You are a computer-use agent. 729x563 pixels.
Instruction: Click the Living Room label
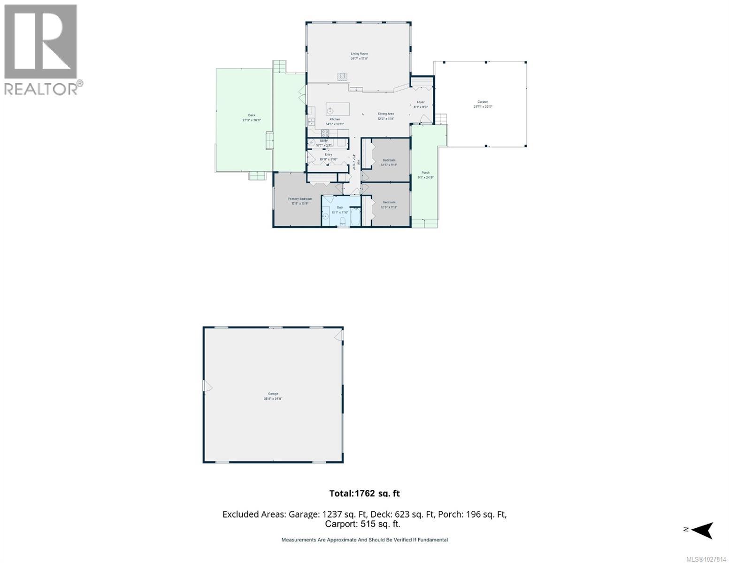(x=359, y=54)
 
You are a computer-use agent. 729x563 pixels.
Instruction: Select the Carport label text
(x=483, y=102)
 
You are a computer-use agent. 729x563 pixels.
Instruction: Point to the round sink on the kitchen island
(x=330, y=111)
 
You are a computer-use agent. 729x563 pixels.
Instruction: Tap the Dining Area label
(x=386, y=114)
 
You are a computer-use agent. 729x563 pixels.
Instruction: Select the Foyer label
(x=421, y=102)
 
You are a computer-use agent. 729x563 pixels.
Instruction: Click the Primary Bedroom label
(x=299, y=199)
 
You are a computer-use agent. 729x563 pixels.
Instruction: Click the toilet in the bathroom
(x=342, y=221)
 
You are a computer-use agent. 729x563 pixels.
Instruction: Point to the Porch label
(x=425, y=173)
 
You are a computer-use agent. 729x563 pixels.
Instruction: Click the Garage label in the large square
(x=273, y=394)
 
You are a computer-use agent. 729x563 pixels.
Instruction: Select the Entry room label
(x=328, y=154)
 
